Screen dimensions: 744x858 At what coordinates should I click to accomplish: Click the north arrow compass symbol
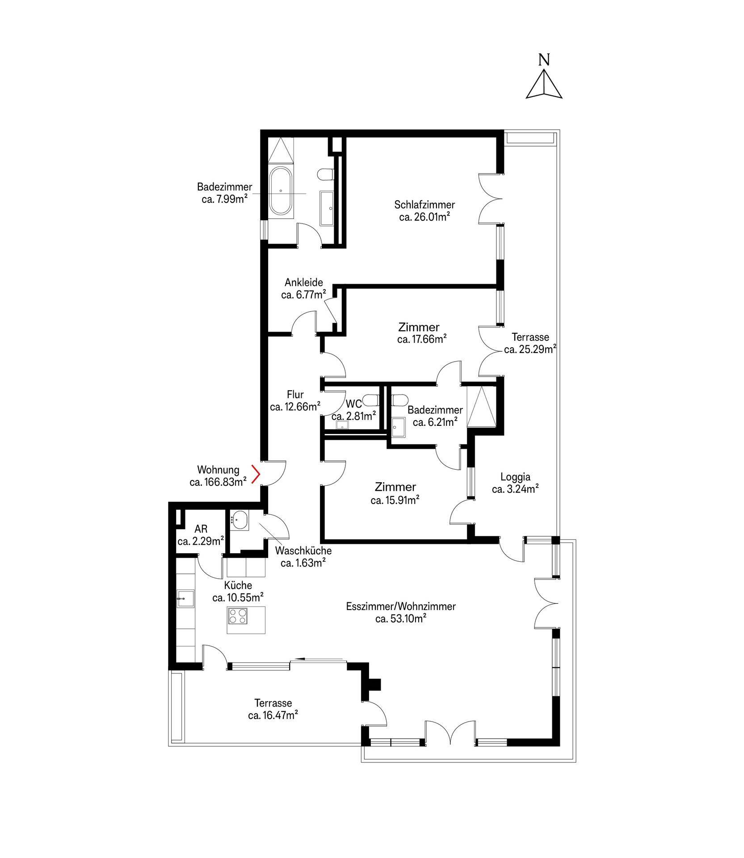pyautogui.click(x=543, y=83)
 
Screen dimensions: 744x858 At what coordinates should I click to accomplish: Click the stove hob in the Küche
pyautogui.click(x=237, y=617)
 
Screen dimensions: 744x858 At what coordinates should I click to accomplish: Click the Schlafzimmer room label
pyautogui.click(x=424, y=205)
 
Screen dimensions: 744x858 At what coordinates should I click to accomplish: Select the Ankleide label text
pyautogui.click(x=304, y=282)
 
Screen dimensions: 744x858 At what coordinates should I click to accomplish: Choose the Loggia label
pyautogui.click(x=515, y=477)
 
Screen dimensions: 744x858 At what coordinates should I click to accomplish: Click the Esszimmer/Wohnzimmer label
pyautogui.click(x=401, y=606)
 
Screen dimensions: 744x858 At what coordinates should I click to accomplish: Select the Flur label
pyautogui.click(x=295, y=395)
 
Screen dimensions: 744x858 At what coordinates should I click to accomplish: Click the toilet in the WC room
pyautogui.click(x=370, y=399)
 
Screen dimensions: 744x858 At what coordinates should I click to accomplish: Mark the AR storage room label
pyautogui.click(x=201, y=530)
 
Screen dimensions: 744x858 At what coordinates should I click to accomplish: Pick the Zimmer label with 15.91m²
pyautogui.click(x=395, y=487)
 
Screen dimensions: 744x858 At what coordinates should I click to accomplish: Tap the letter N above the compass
pyautogui.click(x=544, y=59)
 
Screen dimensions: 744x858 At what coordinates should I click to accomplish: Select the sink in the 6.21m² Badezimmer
pyautogui.click(x=399, y=427)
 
